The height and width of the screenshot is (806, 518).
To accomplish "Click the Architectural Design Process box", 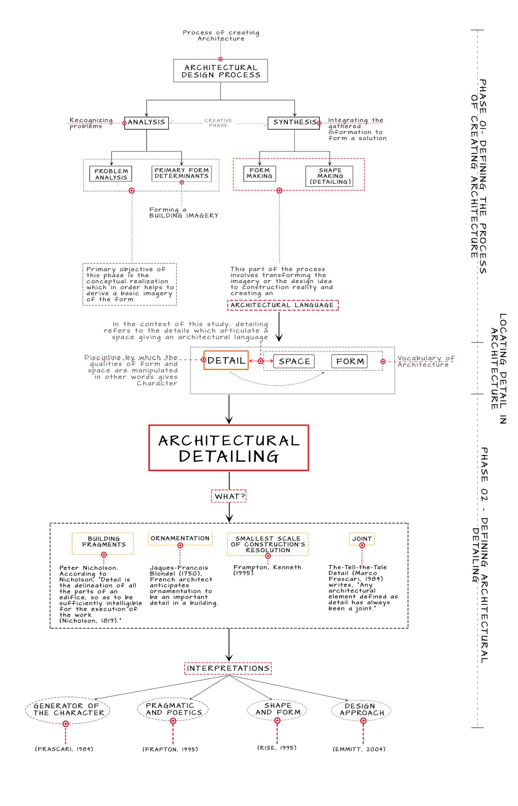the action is [221, 71].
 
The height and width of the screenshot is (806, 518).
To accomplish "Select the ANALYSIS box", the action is [147, 122].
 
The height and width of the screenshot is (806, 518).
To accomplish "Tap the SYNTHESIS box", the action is [294, 122].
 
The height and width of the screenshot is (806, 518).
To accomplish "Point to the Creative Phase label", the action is [218, 123].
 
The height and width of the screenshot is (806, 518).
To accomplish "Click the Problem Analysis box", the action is [111, 174].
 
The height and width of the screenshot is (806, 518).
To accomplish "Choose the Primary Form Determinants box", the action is [182, 173].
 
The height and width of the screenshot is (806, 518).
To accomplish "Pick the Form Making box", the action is [259, 173].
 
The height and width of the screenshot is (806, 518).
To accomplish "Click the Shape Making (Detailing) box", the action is [330, 176].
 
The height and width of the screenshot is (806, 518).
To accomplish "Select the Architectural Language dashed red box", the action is [282, 305].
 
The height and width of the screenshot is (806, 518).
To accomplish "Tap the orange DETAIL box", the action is [226, 360].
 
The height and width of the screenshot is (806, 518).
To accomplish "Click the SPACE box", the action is [294, 361].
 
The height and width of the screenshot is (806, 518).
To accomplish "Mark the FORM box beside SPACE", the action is [350, 361].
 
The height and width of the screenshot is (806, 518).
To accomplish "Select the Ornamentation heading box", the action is [180, 538].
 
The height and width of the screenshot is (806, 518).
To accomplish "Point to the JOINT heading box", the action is [362, 539].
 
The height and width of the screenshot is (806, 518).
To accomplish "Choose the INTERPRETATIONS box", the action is [228, 668].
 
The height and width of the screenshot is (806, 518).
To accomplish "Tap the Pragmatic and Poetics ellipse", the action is [173, 709].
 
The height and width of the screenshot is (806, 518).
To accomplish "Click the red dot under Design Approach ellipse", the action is [363, 721].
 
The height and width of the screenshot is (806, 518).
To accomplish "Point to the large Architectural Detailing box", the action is [229, 448].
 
